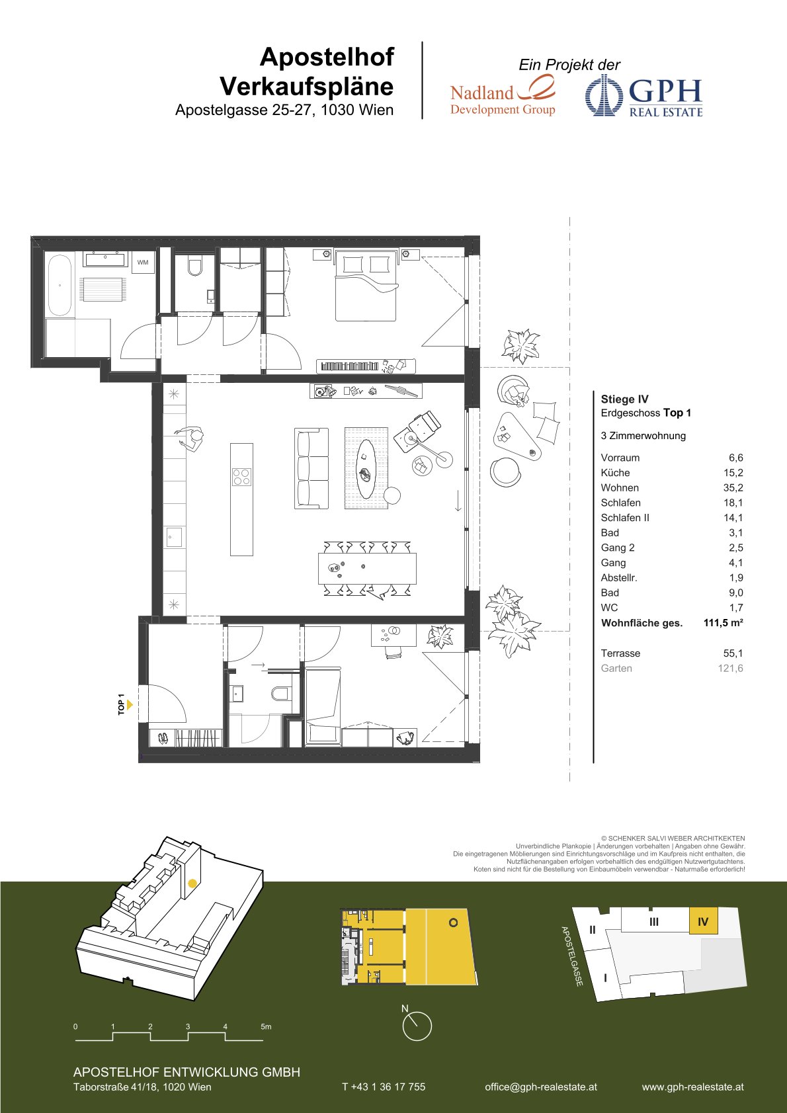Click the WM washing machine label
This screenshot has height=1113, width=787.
[143, 263]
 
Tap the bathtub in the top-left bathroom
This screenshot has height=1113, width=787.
[60, 286]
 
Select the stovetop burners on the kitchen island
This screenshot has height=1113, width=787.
[241, 477]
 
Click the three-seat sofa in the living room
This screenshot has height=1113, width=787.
[311, 468]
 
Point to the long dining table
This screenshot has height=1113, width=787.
[367, 568]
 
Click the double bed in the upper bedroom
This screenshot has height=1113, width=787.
[366, 286]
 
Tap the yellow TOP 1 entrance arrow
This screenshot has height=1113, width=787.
[130, 704]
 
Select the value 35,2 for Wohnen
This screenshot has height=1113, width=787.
[733, 487]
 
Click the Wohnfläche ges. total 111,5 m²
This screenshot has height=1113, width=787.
[723, 622]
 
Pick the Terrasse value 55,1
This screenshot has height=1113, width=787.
[733, 653]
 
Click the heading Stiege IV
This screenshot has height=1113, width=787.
[624, 399]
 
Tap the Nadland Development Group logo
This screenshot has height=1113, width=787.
[503, 95]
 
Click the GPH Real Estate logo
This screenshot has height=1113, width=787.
[644, 97]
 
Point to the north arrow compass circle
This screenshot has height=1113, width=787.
[417, 1026]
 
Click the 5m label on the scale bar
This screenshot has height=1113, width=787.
[266, 1026]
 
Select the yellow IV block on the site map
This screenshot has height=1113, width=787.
[703, 922]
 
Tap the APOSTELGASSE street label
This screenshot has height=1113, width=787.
[571, 956]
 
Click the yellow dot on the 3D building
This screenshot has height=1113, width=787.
[192, 883]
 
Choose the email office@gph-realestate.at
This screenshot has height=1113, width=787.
[541, 1087]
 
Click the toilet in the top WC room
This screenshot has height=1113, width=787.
[194, 267]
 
